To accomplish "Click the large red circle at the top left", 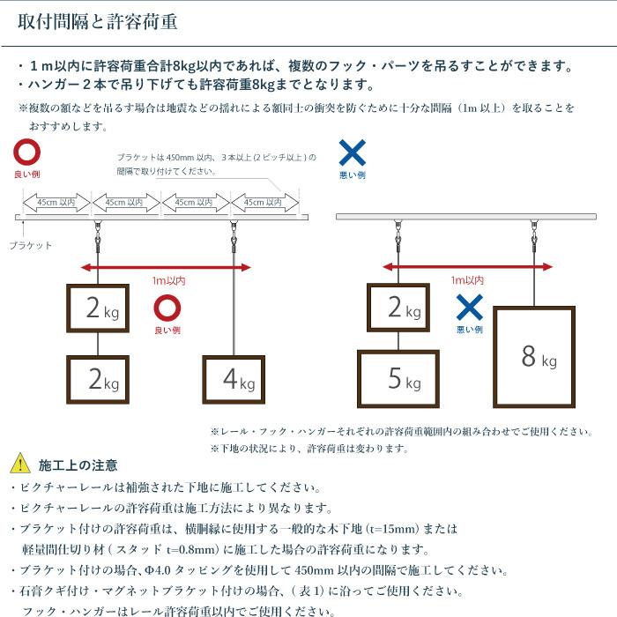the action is pyautogui.click(x=27, y=152).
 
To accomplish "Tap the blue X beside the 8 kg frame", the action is pyautogui.click(x=470, y=308).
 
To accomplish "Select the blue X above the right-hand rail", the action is pyautogui.click(x=352, y=152).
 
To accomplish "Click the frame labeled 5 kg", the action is pyautogui.click(x=398, y=379).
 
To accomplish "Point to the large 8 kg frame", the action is pyautogui.click(x=533, y=356).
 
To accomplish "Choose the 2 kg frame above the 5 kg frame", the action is pyautogui.click(x=398, y=308).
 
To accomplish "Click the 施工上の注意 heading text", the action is pyautogui.click(x=78, y=465).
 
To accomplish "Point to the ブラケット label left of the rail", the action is pyautogui.click(x=31, y=246).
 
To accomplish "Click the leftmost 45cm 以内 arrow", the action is pyautogui.click(x=56, y=203).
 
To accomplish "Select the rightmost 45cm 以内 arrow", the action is pyautogui.click(x=264, y=203).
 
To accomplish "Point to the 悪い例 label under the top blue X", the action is pyautogui.click(x=352, y=175).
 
